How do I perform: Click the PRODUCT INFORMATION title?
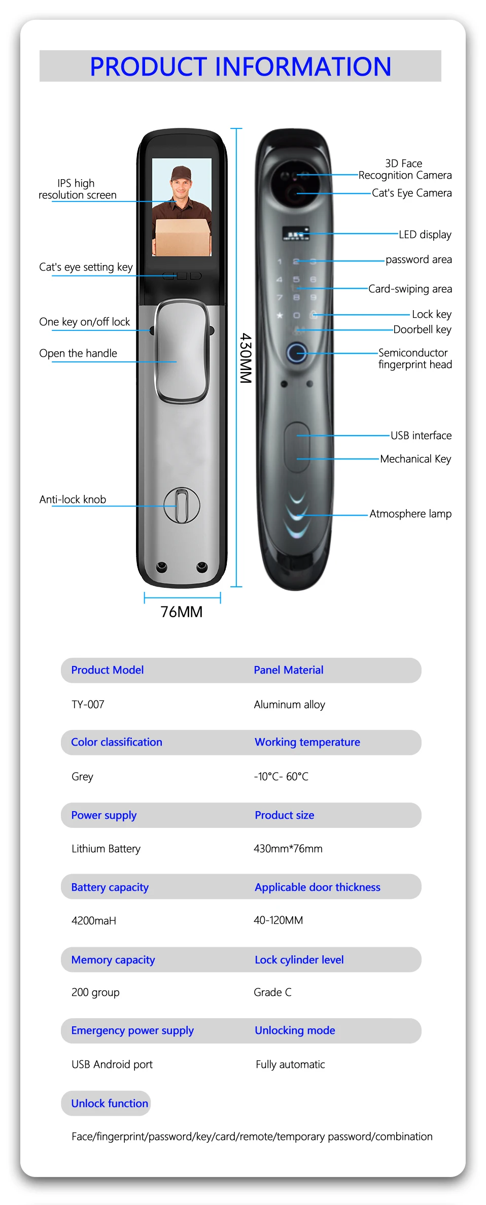coord(240,66)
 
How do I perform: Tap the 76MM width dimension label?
coord(181,612)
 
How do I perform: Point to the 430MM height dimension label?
coord(246,358)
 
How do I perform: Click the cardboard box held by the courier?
coord(183,237)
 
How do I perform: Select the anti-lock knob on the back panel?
coord(182,506)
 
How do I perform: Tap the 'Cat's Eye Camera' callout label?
coord(411,193)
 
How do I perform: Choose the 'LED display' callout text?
coord(425,235)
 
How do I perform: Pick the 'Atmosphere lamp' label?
coord(410,514)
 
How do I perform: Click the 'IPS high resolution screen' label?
coord(77,189)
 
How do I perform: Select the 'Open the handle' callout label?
coord(78,353)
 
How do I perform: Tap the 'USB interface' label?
coord(421,436)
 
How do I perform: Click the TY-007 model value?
coord(88,705)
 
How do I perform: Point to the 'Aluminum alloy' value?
coord(289,705)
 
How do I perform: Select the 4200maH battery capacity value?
coord(94,921)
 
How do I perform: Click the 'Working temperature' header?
coord(307,742)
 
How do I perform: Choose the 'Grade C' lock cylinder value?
coord(272,992)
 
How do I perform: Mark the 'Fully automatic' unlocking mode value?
coord(290,1064)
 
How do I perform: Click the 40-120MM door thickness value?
coord(278,920)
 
